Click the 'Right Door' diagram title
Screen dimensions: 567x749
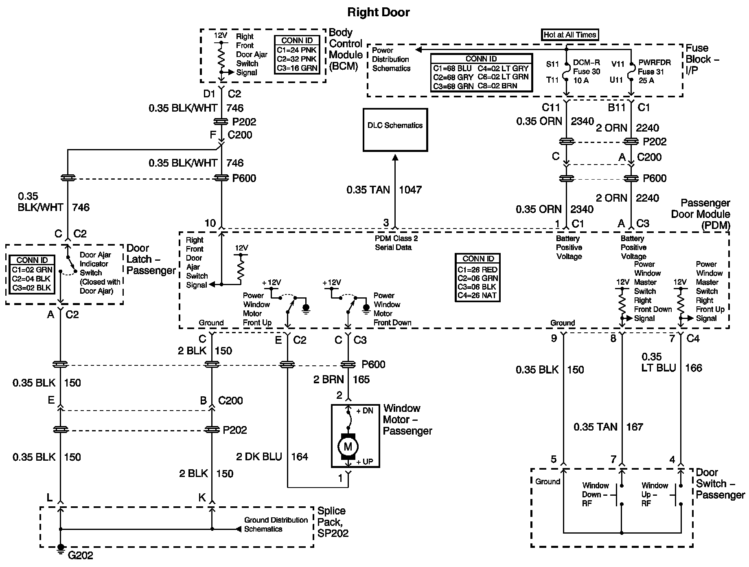click(378, 12)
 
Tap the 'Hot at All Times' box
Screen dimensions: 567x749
click(570, 35)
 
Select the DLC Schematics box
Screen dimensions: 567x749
click(395, 130)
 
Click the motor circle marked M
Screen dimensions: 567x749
click(348, 446)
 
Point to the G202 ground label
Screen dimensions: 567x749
click(80, 555)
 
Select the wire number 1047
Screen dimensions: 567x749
click(410, 190)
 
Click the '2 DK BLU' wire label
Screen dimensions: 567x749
click(259, 457)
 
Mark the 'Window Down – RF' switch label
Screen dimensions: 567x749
click(595, 494)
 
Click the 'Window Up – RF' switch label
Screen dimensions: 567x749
click(655, 494)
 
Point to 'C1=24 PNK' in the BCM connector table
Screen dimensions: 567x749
click(297, 50)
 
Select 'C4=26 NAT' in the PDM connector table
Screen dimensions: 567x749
click(477, 296)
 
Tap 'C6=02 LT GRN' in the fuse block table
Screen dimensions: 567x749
click(503, 77)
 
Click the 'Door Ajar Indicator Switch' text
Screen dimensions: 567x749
click(96, 264)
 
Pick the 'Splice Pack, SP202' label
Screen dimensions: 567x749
click(333, 522)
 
